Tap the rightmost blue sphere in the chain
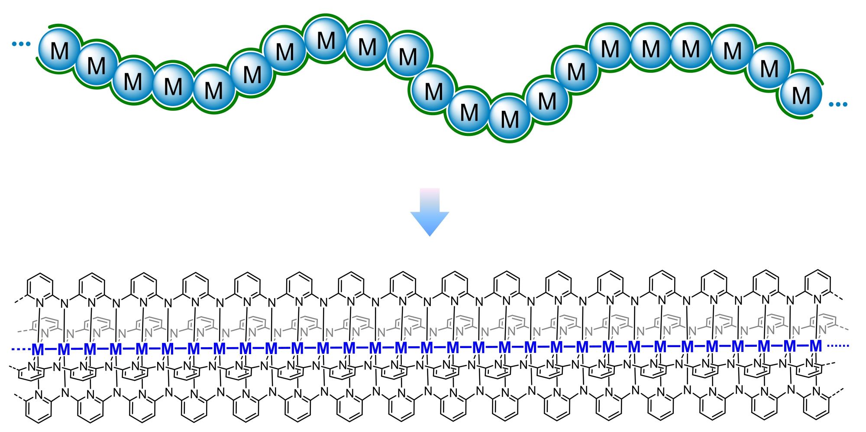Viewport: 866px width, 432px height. [801, 95]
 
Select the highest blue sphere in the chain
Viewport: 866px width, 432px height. [326, 40]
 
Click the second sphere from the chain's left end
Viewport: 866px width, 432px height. [96, 65]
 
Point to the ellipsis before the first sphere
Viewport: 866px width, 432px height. [21, 44]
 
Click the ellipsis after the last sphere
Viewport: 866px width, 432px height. [837, 104]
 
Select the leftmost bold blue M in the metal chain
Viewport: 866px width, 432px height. [38, 349]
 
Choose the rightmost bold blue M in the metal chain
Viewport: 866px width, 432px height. [816, 346]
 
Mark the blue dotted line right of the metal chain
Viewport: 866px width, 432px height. [838, 346]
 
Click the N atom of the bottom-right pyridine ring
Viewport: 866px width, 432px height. [817, 391]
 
